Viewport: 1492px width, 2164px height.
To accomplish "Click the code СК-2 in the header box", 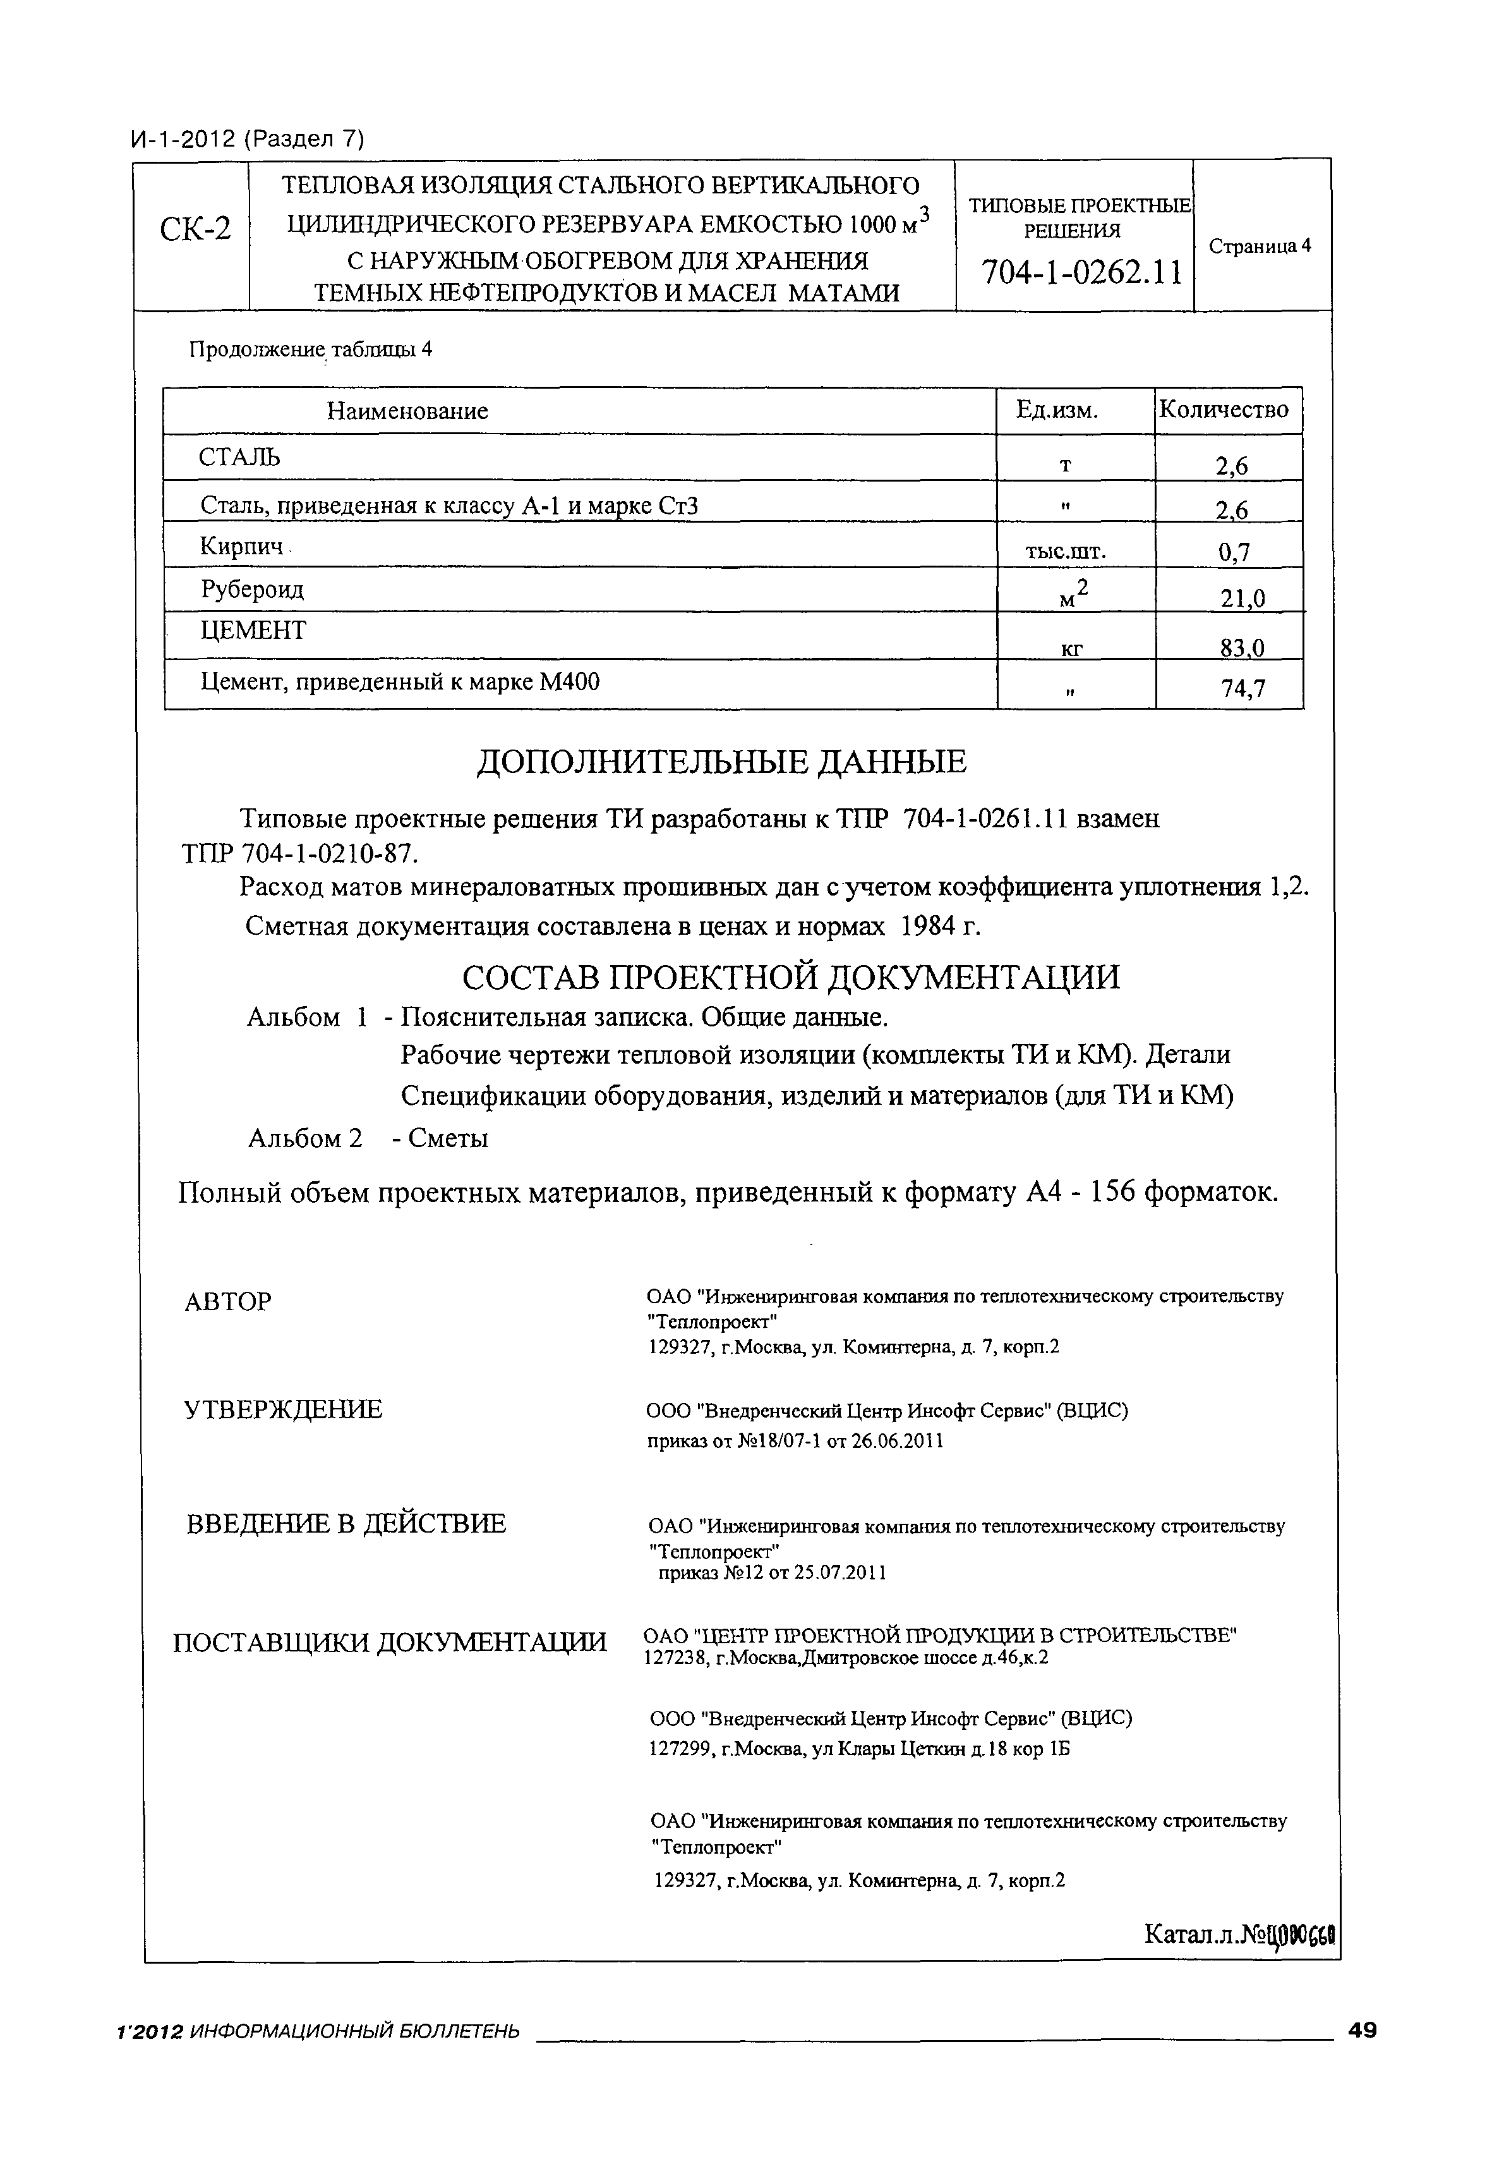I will point(195,228).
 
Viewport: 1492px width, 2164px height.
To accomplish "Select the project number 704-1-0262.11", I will point(1081,273).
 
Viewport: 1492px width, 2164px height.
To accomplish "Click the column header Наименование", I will point(407,411).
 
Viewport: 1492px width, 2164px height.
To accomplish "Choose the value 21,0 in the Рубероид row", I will point(1242,599).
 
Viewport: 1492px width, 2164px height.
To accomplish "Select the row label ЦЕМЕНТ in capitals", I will point(253,630).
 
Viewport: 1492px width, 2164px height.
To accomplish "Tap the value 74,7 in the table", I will point(1242,690).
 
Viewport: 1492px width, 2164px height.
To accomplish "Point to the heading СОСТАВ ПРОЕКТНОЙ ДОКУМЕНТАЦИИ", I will point(790,977).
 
